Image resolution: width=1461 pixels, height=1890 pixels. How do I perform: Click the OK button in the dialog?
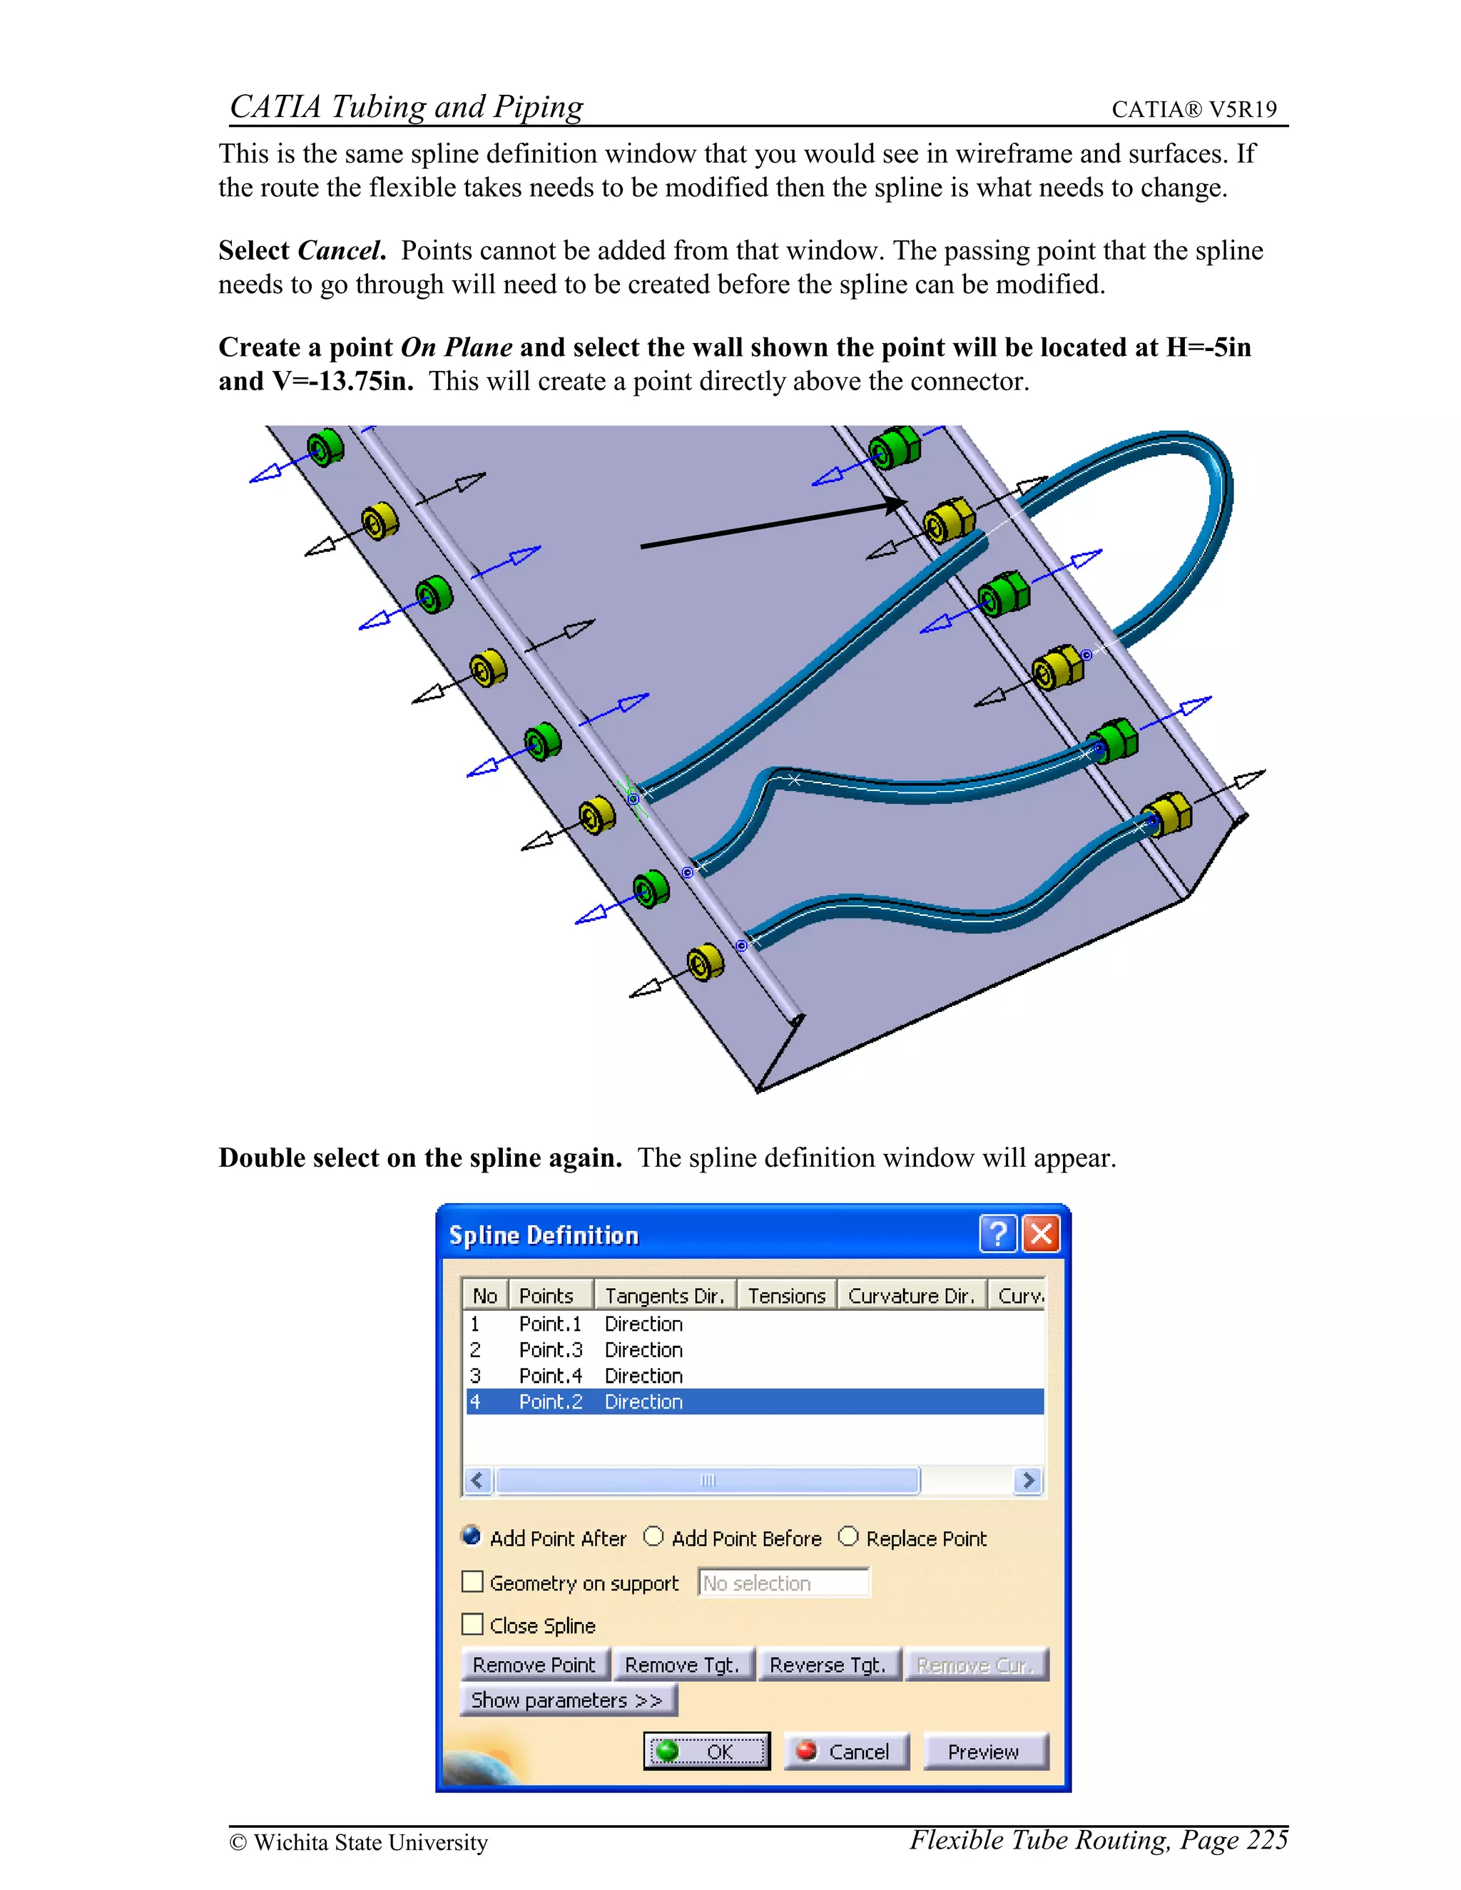[706, 1752]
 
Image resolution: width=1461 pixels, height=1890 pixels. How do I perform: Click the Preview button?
[984, 1752]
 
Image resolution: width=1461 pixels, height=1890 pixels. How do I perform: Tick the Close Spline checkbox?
[472, 1624]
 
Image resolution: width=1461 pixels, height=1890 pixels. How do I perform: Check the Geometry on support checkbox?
[472, 1582]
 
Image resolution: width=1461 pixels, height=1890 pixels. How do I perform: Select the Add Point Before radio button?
[653, 1537]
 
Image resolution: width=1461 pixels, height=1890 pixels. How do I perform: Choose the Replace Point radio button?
[848, 1537]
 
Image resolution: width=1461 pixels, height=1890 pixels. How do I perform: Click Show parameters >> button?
[568, 1700]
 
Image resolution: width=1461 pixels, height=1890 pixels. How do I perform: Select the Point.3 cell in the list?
[551, 1350]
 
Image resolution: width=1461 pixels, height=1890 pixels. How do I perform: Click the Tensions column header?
[786, 1295]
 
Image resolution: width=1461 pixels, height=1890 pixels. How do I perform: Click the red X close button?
[1042, 1234]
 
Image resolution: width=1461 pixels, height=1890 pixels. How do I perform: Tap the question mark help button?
[998, 1234]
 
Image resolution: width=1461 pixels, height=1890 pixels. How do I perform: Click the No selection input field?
[783, 1583]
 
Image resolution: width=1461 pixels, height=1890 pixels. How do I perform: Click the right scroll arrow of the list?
[1027, 1481]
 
